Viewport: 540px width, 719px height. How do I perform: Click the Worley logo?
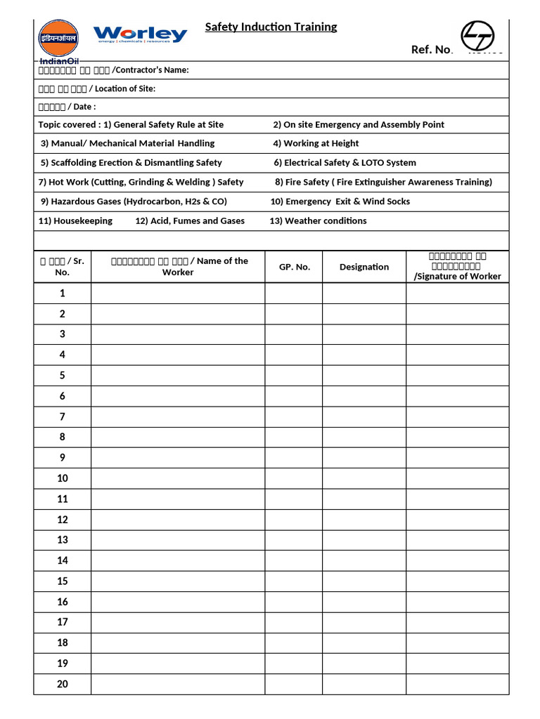140,34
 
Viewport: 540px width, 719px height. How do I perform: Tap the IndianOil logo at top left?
58,40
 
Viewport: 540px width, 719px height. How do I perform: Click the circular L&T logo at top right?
477,36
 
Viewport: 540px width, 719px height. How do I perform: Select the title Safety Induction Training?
271,27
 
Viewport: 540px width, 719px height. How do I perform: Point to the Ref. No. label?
432,49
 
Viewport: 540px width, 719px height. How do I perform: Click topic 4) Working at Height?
316,143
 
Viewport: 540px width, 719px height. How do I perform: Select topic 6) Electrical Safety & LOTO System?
345,162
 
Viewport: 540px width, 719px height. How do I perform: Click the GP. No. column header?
294,267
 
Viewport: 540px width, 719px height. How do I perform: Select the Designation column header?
364,267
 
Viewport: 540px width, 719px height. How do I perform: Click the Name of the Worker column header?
178,266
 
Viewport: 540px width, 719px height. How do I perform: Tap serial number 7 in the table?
62,416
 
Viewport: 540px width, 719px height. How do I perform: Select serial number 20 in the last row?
62,683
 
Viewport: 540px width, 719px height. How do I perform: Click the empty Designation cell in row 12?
364,520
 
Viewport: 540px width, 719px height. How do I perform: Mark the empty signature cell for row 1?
457,293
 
